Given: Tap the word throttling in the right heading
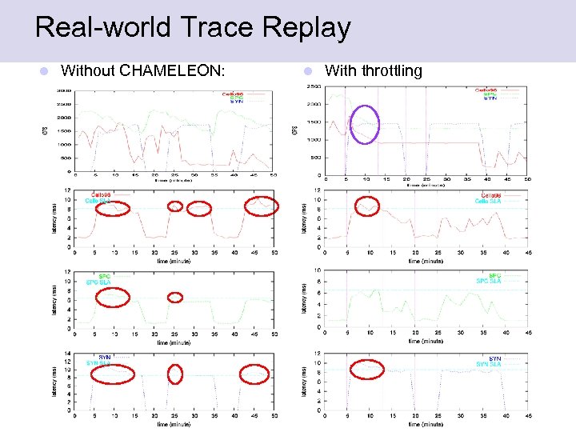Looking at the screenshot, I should click(391, 70).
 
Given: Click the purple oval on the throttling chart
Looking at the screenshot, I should click(366, 124).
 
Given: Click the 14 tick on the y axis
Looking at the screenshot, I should click(66, 353).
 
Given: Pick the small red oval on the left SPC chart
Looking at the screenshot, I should click(175, 298).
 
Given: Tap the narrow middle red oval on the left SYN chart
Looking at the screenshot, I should click(175, 374).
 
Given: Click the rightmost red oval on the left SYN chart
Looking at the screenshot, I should click(255, 374).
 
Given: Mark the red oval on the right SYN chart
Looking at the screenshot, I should click(368, 369).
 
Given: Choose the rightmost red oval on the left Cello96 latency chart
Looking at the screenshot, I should click(262, 206).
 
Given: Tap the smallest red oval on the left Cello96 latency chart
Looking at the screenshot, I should click(175, 206).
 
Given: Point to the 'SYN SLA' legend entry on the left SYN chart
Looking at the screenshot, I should click(98, 364).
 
